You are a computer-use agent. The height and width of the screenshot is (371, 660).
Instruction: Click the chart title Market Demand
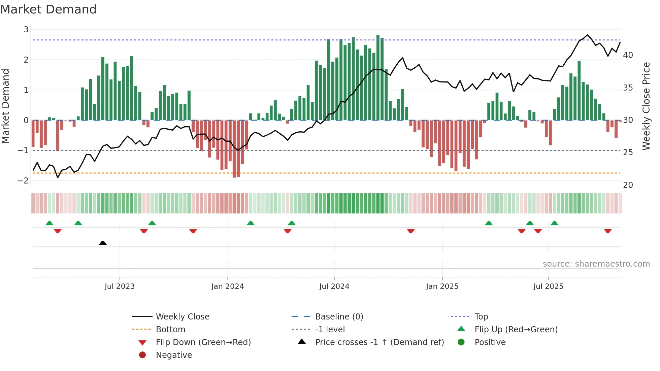coord(48,9)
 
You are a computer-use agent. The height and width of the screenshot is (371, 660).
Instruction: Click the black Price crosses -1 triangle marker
coord(103,243)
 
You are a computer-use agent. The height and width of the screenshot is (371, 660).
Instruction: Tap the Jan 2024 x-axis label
coord(227,286)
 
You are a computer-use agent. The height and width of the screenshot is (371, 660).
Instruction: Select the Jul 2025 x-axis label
coord(548,286)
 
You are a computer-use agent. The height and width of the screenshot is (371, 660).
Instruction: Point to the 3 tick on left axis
coord(26,30)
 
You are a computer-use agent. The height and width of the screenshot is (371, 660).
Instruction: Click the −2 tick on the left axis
coord(23,180)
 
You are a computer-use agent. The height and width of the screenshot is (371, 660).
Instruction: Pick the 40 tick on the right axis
coord(628,55)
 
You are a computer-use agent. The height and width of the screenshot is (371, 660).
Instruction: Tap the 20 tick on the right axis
coord(628,185)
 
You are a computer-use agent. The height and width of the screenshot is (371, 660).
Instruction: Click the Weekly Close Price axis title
coord(646,106)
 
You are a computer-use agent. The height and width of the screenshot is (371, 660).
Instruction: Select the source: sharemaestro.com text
coord(596,264)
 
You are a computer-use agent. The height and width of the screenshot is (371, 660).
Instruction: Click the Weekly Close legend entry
coord(182,316)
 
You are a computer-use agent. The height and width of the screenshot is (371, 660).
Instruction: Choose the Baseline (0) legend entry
coord(339,316)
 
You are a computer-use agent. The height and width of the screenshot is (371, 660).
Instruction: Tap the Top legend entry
coord(481,316)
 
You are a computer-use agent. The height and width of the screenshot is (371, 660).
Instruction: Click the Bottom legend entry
coord(170,329)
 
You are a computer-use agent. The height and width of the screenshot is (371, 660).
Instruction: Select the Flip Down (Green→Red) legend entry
coord(203,342)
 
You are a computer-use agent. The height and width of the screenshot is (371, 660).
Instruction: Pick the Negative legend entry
coord(174,355)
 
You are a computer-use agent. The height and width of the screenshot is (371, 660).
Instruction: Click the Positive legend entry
coord(490,342)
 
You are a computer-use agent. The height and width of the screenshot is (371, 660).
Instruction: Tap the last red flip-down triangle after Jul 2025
coord(607,231)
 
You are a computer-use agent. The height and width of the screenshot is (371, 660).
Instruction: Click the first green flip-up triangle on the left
coord(49,223)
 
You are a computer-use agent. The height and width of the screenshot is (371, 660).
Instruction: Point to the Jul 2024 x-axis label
coord(334,286)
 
